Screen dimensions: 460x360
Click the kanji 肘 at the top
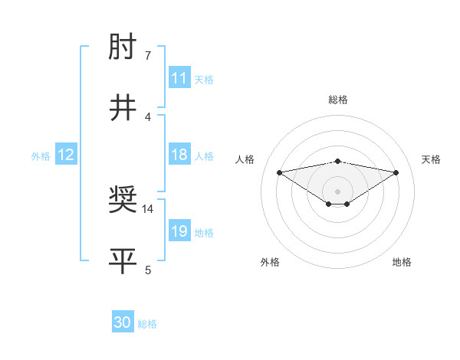(x=123, y=49)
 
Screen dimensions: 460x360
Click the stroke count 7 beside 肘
(x=147, y=56)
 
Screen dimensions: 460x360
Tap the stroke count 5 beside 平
(x=147, y=269)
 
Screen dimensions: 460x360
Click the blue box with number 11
(x=179, y=78)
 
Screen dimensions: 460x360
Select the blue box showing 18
(x=179, y=155)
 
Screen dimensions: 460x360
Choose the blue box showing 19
(x=179, y=231)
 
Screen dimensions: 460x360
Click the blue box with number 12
(x=66, y=155)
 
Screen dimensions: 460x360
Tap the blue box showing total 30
(x=123, y=322)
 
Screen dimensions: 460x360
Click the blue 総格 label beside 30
(x=147, y=324)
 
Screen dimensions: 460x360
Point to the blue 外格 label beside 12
(x=41, y=156)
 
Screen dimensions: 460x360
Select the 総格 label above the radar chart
(x=337, y=100)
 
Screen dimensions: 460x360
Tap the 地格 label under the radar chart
(x=402, y=262)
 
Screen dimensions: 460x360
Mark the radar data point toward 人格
(x=279, y=172)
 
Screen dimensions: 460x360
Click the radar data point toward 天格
(x=396, y=172)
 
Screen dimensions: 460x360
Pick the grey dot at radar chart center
(x=337, y=191)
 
